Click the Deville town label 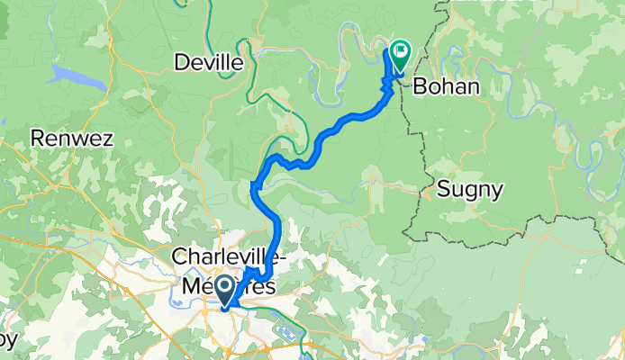209,62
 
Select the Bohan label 446,87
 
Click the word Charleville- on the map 230,257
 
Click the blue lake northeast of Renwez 77,76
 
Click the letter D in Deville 182,62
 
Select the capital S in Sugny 443,190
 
